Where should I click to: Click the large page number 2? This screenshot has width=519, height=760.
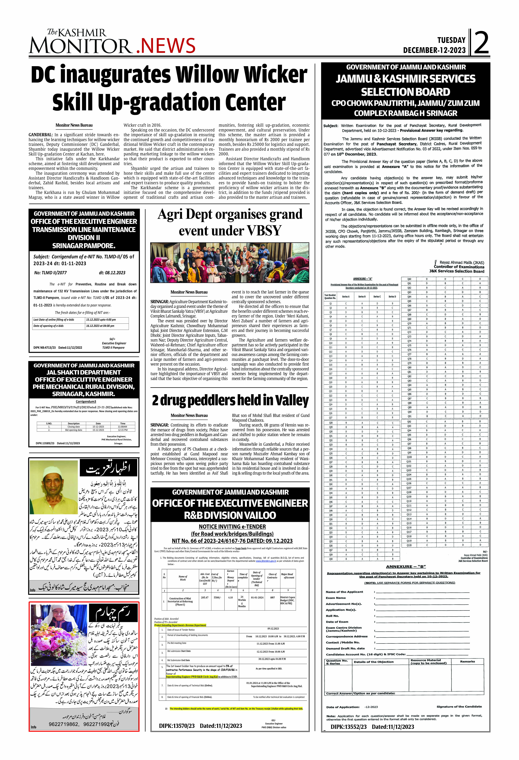[x=481, y=42]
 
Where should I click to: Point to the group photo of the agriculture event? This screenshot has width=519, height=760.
[x=230, y=263]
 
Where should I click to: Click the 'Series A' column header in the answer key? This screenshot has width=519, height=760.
[x=346, y=297]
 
